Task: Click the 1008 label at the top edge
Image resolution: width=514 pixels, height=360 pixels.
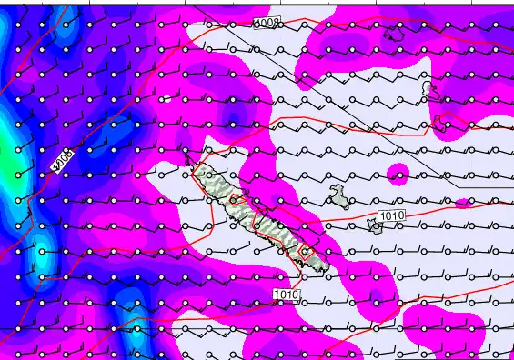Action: (268, 22)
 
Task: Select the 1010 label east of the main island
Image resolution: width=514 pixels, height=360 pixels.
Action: (390, 215)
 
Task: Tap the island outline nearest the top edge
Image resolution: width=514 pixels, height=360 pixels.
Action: (395, 34)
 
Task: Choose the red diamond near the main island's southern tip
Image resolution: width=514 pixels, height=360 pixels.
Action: (305, 248)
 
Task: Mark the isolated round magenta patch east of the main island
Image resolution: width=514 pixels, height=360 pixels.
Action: (398, 173)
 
